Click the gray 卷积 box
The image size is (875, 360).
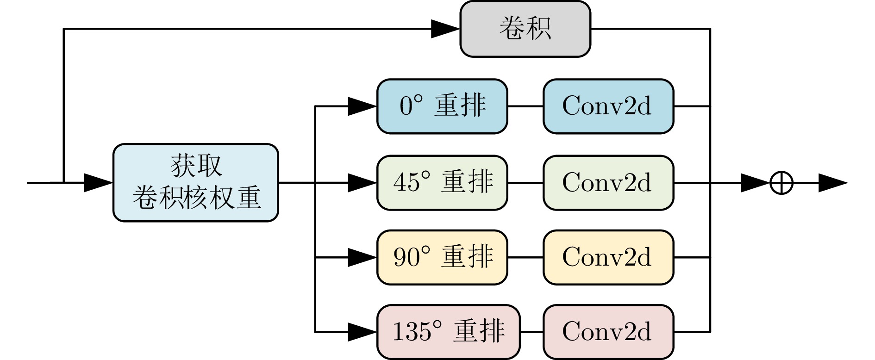(525, 29)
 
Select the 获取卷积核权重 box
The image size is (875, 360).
(195, 183)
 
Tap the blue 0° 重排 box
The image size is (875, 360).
(442, 106)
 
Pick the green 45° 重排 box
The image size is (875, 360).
(442, 183)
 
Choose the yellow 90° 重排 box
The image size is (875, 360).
(442, 257)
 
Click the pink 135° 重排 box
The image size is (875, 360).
(448, 332)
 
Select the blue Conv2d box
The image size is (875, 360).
(608, 106)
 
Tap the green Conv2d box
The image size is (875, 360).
(608, 183)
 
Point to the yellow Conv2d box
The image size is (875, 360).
(608, 257)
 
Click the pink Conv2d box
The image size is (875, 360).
(608, 332)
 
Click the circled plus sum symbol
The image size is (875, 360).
(781, 183)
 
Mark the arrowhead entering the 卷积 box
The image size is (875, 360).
(445, 29)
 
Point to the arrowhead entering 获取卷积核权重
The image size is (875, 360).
(98, 183)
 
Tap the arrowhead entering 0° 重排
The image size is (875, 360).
(362, 106)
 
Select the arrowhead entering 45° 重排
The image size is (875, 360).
(362, 183)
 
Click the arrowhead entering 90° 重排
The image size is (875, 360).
(362, 257)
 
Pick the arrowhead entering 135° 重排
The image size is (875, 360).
(362, 332)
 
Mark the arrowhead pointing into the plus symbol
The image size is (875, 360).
(755, 183)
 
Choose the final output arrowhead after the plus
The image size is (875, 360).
(832, 183)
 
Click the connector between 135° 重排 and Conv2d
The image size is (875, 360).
(531, 332)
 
